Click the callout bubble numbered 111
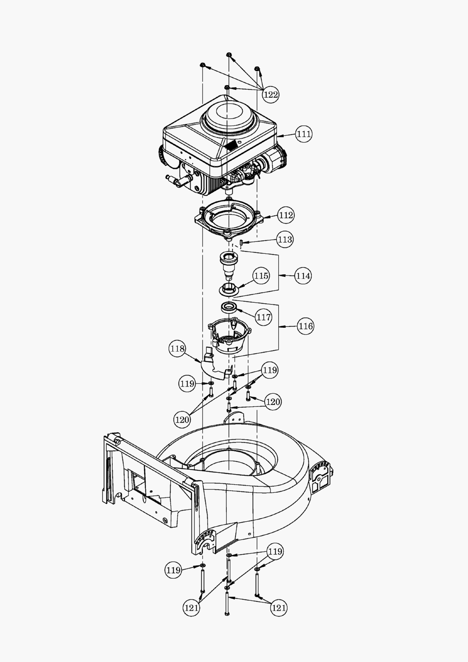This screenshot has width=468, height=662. [304, 134]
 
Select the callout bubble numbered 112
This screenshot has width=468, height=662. [285, 215]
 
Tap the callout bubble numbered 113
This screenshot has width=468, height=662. [285, 239]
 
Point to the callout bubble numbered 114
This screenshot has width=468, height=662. [303, 276]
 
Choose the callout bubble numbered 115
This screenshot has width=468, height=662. [261, 276]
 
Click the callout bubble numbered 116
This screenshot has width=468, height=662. [305, 326]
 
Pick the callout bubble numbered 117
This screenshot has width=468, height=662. [263, 317]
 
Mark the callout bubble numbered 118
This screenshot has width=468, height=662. [177, 349]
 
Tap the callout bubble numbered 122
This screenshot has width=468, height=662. [271, 94]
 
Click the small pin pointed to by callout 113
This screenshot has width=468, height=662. [242, 243]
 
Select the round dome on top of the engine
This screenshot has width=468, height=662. [229, 114]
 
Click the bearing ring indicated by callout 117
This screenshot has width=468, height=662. [229, 307]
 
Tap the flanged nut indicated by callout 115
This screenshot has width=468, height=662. [228, 289]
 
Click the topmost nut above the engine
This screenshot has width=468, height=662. [229, 55]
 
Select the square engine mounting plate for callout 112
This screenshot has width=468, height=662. [229, 219]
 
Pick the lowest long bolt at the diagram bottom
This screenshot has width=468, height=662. [227, 602]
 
